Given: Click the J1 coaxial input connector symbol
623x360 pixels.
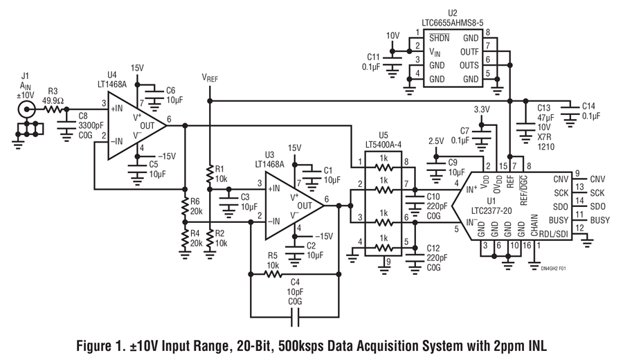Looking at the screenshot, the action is click(x=26, y=109).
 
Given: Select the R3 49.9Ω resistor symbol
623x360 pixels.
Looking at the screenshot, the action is click(x=53, y=109).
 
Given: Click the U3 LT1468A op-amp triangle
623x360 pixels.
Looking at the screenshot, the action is click(x=294, y=206).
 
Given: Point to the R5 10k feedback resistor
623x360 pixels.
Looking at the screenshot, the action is click(x=273, y=274).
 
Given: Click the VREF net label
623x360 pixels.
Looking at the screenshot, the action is click(x=210, y=78).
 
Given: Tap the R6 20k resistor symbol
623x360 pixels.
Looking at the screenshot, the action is click(x=184, y=206).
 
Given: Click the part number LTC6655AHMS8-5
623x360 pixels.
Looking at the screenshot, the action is click(x=453, y=23).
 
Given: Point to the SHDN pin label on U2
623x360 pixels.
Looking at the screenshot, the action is click(x=439, y=38).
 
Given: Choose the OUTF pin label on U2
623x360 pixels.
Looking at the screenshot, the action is click(x=469, y=52).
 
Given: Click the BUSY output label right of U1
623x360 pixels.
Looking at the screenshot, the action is click(x=599, y=220).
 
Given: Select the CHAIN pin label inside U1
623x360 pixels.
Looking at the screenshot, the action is click(x=534, y=225).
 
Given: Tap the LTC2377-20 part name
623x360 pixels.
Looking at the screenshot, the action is click(x=491, y=210).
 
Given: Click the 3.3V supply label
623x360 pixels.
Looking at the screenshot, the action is click(x=482, y=109).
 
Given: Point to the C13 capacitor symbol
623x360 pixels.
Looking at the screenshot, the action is click(x=525, y=127).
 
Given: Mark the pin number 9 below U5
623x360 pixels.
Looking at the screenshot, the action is click(x=388, y=261).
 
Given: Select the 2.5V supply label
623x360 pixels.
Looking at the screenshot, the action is click(x=436, y=141).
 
